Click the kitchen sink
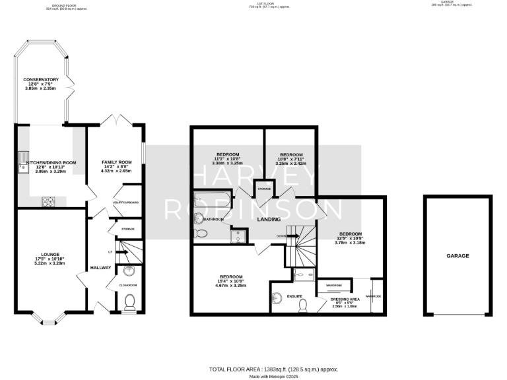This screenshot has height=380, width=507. [24, 159]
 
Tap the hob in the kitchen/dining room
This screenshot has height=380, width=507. [48, 201]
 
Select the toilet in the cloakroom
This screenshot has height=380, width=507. [130, 301]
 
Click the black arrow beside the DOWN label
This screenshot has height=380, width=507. [290, 236]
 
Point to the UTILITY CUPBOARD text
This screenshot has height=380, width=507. [125, 203]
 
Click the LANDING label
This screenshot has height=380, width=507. [269, 219]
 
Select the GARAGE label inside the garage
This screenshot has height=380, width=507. [457, 255]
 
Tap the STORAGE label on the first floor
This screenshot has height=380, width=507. [265, 189]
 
